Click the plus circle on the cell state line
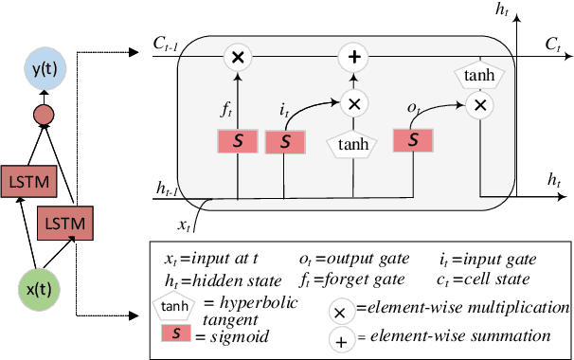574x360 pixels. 353,59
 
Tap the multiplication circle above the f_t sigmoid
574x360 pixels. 238,59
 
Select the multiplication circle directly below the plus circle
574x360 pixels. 353,104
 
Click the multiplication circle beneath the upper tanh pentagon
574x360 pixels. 481,104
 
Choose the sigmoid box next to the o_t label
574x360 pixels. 413,140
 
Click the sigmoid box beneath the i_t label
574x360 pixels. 284,142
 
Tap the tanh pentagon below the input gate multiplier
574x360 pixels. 353,144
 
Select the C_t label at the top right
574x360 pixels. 553,44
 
